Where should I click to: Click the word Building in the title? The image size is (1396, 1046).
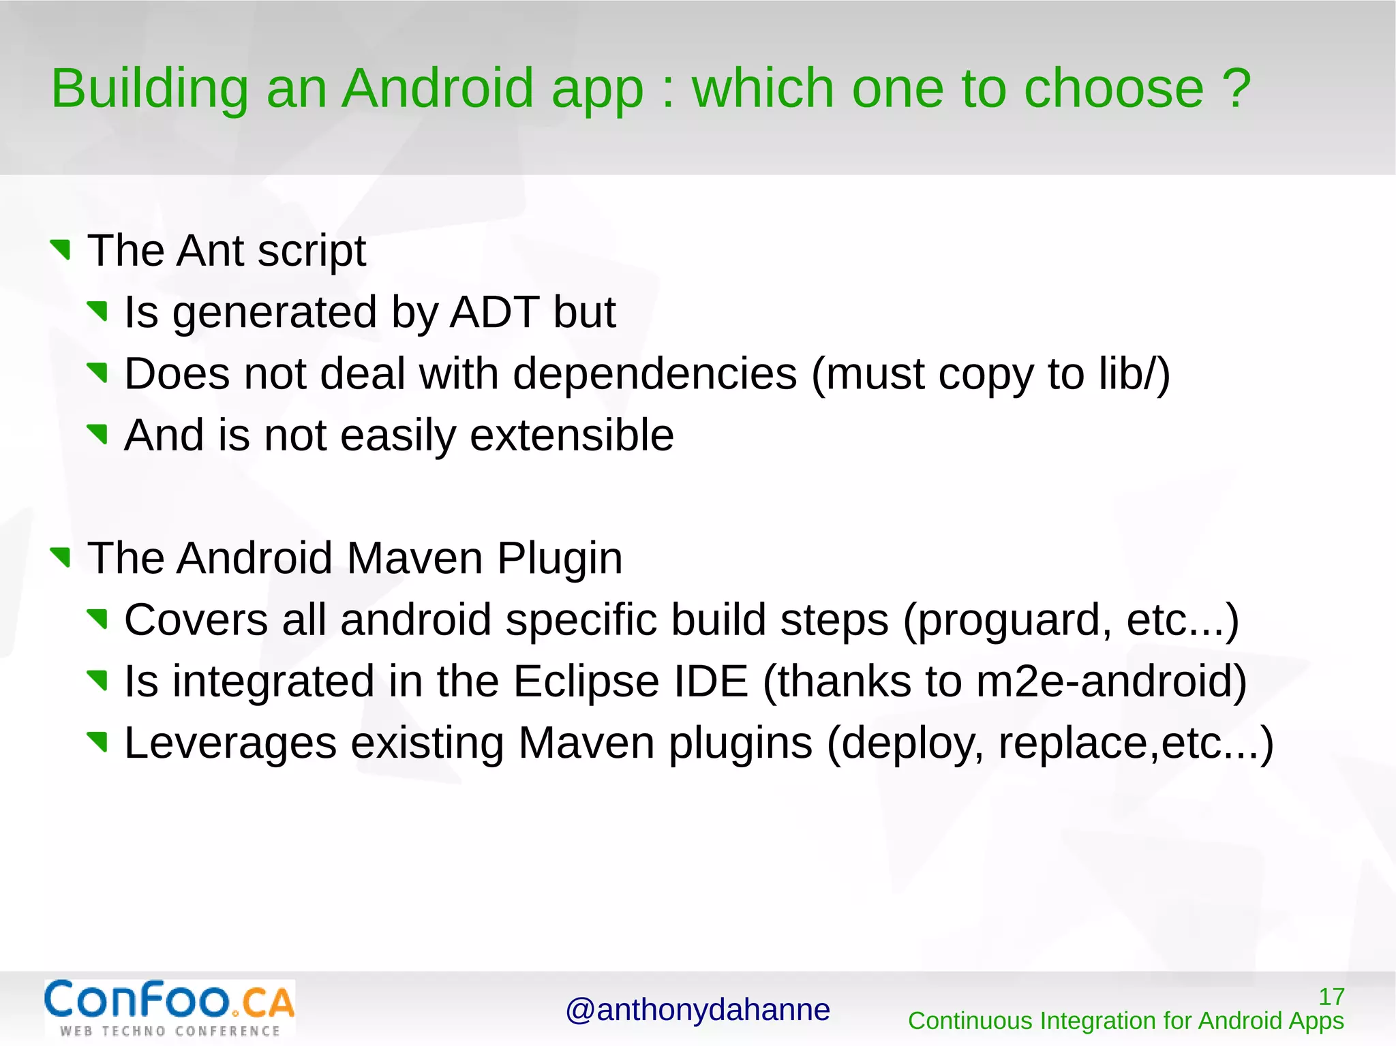pyautogui.click(x=150, y=89)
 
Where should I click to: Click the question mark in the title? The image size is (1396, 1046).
pyautogui.click(x=1236, y=89)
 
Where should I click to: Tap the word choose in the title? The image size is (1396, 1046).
pyautogui.click(x=1114, y=89)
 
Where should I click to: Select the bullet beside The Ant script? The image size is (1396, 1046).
pyautogui.click(x=61, y=249)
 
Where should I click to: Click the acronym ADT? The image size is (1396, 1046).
pyautogui.click(x=495, y=312)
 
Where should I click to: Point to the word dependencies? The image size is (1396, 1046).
pyautogui.click(x=654, y=374)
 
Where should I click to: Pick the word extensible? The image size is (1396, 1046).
pyautogui.click(x=571, y=435)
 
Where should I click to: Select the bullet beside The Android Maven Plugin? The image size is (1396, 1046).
pyautogui.click(x=61, y=557)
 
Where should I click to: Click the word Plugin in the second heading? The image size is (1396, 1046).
pyautogui.click(x=559, y=558)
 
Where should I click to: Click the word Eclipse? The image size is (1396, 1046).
pyautogui.click(x=586, y=681)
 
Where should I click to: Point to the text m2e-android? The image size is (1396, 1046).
pyautogui.click(x=1103, y=681)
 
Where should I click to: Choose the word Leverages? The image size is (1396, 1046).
pyautogui.click(x=230, y=743)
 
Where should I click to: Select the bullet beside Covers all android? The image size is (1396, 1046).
pyautogui.click(x=98, y=619)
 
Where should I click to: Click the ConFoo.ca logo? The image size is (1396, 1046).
pyautogui.click(x=170, y=1008)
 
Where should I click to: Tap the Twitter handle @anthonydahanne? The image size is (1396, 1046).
pyautogui.click(x=697, y=1010)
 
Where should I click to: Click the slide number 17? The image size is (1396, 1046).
pyautogui.click(x=1331, y=997)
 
